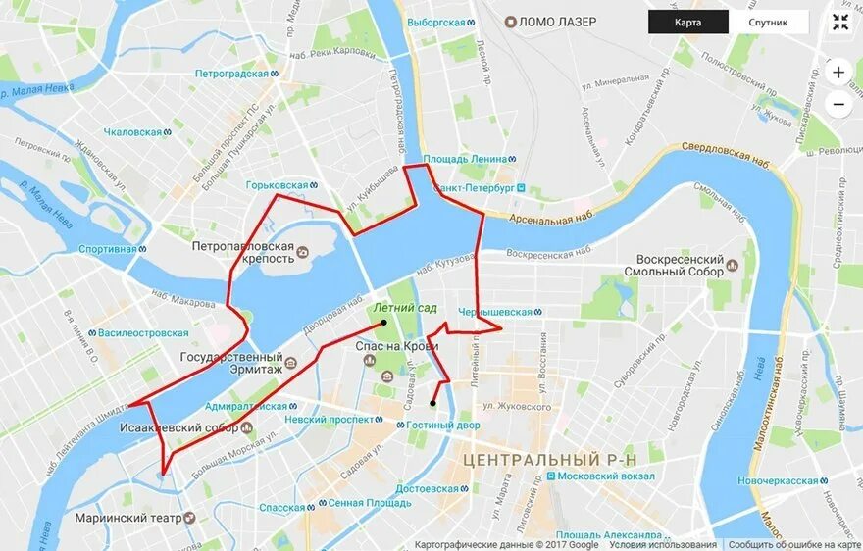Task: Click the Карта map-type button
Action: click(687, 23)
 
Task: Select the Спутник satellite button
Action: click(768, 23)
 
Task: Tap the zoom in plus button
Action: click(838, 73)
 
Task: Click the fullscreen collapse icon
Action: click(839, 23)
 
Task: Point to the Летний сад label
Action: click(405, 308)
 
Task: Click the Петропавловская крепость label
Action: click(243, 252)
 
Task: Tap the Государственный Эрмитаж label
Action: click(233, 363)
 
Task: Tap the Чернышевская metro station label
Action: click(494, 312)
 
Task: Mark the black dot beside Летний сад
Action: click(383, 322)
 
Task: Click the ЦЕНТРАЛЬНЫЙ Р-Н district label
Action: click(549, 459)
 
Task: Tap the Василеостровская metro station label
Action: click(142, 332)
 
